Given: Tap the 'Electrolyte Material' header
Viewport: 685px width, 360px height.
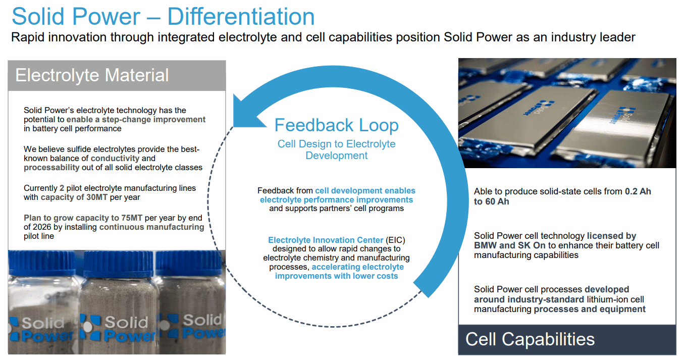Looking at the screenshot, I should point(92,75).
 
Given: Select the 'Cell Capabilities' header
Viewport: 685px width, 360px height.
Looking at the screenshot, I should point(530,339).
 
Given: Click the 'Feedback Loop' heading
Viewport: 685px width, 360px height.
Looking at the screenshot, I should point(336,125).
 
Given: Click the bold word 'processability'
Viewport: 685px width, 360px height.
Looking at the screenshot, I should point(51,167).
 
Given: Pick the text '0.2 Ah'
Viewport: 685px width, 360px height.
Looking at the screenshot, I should point(638,192).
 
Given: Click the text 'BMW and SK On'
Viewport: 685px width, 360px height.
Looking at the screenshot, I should point(510,245).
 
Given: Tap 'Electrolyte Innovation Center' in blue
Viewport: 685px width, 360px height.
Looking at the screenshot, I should point(326,240).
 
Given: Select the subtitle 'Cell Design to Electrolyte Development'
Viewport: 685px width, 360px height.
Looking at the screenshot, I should point(336,149).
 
